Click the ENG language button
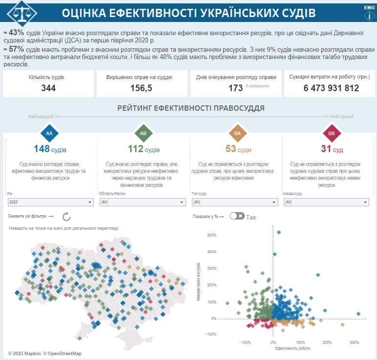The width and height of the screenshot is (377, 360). pos(369,8)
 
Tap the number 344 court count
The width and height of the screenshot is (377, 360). pos(48,88)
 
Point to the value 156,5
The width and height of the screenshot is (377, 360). pos(142,88)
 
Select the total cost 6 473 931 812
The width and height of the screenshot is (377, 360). pos(331,88)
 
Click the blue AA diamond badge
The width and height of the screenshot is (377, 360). pos(49,133)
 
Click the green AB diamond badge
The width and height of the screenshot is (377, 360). pos(143,133)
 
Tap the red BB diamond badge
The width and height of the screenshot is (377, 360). pos(331,133)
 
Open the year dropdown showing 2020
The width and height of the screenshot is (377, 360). pos(50,202)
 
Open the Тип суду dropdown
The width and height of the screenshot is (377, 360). pos(234,202)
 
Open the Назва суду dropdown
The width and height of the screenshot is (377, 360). pos(326,202)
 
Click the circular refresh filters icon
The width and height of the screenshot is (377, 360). pos(67,216)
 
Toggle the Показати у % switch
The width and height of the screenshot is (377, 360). pos(237,216)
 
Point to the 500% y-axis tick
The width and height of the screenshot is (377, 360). pos(211,235)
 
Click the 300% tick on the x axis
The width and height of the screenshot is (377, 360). pos(355,342)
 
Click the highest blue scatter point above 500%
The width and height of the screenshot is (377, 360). pos(279,232)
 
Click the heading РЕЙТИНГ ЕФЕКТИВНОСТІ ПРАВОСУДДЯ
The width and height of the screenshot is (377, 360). pos(191,108)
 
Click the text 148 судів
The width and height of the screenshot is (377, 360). pos(50,149)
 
